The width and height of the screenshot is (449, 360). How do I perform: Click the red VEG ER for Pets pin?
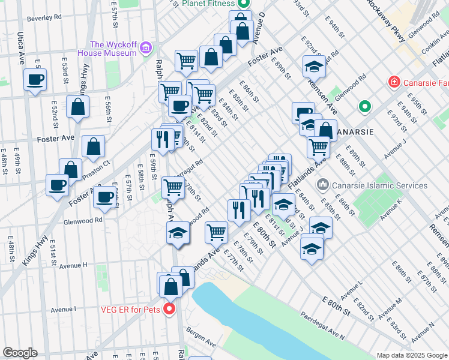click(x=170, y=310)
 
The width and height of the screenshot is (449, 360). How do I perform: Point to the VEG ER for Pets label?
click(x=131, y=310)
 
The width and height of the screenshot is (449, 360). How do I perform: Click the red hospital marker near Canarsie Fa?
click(x=394, y=81)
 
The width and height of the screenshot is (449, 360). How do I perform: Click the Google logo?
click(x=20, y=352)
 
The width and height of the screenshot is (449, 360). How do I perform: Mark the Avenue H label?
click(x=73, y=265)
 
